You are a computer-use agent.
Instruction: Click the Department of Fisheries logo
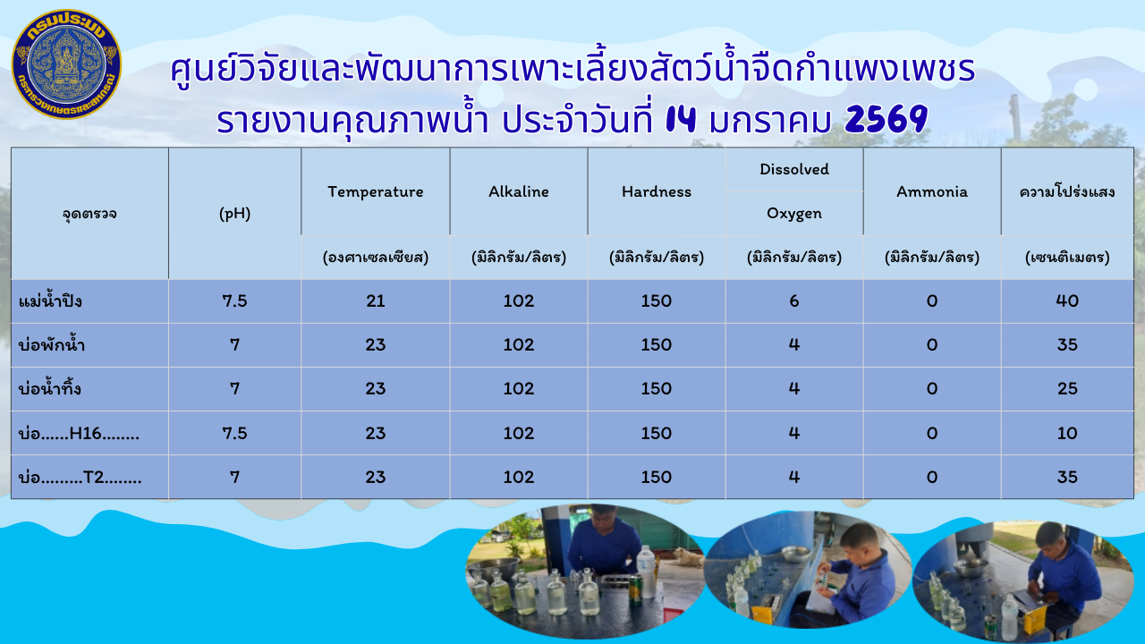66,64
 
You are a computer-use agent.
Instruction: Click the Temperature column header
375,191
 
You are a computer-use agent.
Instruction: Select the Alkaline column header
519,191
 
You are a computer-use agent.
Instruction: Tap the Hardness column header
657,191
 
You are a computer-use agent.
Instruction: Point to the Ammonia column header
932,191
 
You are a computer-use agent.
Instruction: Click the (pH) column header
234,214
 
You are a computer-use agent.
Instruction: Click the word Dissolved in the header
794,169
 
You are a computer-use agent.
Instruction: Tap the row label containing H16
80,434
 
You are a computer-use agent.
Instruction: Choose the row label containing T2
81,478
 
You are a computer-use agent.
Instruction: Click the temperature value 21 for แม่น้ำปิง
376,301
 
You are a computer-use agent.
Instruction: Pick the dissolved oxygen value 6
794,301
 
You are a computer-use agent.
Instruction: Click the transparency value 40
1067,301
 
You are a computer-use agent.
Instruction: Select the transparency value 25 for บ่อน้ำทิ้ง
1067,389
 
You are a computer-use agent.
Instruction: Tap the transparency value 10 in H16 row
1067,433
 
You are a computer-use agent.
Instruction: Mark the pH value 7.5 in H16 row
234,433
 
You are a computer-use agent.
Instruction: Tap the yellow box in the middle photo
762,613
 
